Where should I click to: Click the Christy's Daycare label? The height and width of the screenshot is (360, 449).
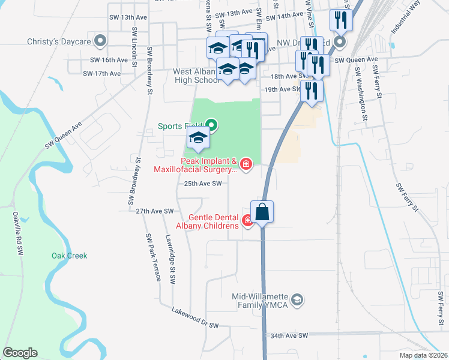[58, 41]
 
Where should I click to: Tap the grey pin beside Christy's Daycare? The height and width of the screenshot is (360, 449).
[101, 41]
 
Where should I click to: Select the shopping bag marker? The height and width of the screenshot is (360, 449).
[262, 212]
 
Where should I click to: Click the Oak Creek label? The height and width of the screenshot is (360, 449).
[69, 256]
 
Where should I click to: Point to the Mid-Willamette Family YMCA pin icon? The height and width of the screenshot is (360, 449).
[298, 299]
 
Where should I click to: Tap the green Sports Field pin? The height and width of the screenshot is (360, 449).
[212, 126]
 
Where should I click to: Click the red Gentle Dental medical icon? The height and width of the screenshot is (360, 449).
[247, 221]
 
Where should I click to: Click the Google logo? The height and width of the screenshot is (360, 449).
[20, 353]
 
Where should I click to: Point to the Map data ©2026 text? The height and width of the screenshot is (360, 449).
[423, 355]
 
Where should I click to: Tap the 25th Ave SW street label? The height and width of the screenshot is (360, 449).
[203, 184]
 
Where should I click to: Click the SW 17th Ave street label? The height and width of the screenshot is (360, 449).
[102, 74]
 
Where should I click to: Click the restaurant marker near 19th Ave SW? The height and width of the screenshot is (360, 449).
[311, 91]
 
